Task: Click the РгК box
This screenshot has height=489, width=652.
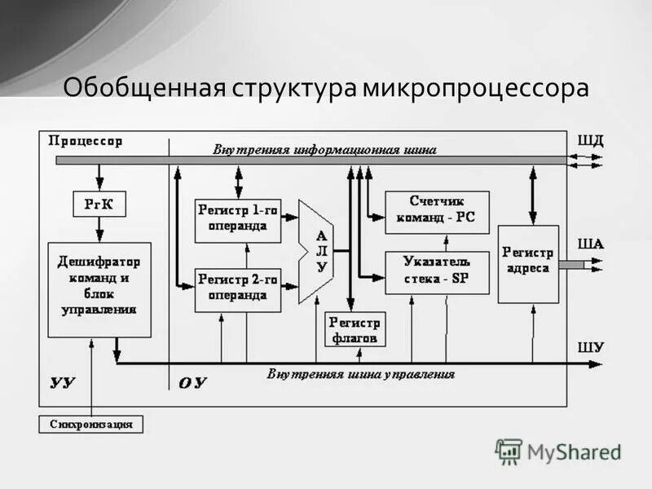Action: [x=99, y=205]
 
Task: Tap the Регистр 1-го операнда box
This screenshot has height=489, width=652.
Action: [x=237, y=219]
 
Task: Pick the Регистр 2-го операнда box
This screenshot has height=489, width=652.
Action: [x=237, y=289]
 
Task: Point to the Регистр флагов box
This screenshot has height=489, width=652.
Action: [x=356, y=329]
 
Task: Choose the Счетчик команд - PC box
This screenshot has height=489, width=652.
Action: [x=437, y=210]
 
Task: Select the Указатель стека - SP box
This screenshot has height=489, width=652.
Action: [x=437, y=271]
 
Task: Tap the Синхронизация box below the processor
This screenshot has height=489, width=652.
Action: [x=90, y=424]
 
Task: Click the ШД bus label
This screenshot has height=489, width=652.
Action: [x=591, y=139]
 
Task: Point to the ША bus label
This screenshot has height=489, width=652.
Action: [x=591, y=243]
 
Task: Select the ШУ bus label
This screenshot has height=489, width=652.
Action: [x=591, y=347]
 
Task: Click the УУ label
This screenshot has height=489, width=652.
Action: [x=64, y=382]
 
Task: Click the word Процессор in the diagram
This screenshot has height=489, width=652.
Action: [x=86, y=141]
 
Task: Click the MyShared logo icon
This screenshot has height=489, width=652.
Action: [x=509, y=451]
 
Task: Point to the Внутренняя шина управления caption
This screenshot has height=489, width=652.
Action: [x=361, y=375]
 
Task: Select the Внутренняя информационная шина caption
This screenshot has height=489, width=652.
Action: [x=325, y=150]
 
